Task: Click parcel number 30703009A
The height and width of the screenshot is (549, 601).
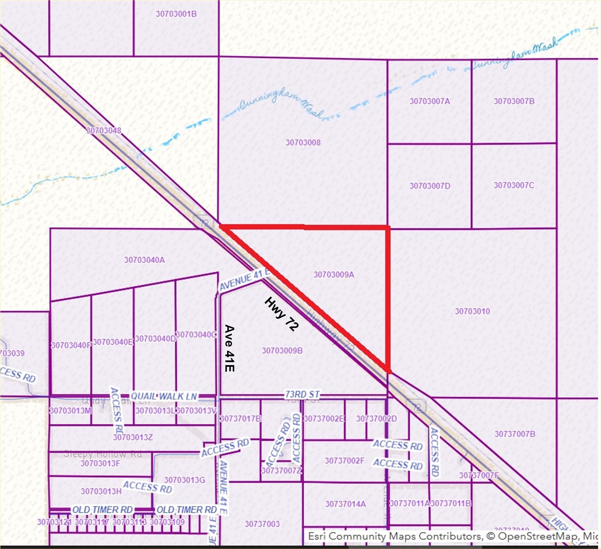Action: pos(334,274)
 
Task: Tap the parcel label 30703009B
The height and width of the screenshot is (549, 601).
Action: pos(282,351)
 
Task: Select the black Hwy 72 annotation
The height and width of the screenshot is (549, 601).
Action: pos(281,314)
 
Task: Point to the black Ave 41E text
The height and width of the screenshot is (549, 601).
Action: pos(229,348)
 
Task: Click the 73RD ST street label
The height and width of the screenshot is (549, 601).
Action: pos(302,394)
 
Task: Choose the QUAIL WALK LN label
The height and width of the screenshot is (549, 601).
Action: pos(164,396)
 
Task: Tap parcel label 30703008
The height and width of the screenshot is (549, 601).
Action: pos(303,143)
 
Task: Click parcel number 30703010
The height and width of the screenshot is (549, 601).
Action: pos(472,311)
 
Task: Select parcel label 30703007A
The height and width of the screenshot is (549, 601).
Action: pos(429,101)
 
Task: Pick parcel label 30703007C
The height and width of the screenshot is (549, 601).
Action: pos(514,185)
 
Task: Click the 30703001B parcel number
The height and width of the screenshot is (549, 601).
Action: pos(176,14)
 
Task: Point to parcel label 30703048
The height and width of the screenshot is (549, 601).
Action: pos(104,130)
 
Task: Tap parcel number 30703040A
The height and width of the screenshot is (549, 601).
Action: pos(144,260)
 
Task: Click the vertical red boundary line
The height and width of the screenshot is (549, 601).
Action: pos(388,298)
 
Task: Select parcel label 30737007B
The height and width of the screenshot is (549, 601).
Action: pos(515,434)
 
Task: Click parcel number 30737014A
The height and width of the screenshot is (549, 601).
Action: pos(345,504)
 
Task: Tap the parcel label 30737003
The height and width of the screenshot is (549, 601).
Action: pos(262,524)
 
